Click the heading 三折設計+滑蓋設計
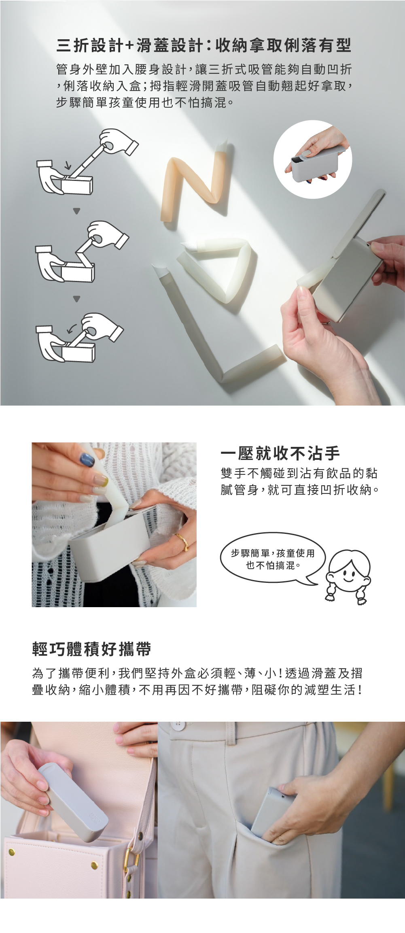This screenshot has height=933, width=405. (x=129, y=45)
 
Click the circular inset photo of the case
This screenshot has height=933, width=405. (x=313, y=159)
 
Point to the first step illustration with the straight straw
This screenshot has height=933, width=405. (x=87, y=162)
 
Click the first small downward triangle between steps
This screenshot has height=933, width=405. (x=76, y=211)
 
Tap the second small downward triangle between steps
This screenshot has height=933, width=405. (x=76, y=299)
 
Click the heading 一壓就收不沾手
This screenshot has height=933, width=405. (x=280, y=453)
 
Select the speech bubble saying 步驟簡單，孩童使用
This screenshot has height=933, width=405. (x=272, y=559)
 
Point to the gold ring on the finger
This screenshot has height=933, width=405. (x=182, y=541)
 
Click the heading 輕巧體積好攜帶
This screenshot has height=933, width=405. (x=91, y=649)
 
